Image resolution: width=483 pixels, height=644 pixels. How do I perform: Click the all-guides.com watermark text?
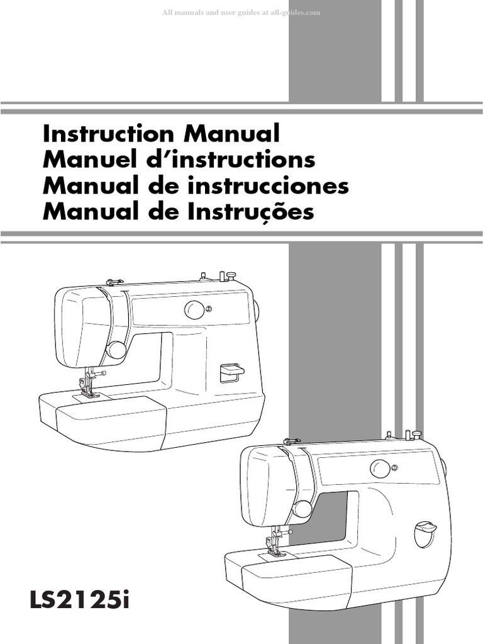241,13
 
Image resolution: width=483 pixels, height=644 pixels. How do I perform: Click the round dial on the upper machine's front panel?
194,309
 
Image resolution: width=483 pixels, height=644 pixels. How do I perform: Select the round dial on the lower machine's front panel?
380,468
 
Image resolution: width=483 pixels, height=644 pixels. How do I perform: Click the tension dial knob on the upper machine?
116,350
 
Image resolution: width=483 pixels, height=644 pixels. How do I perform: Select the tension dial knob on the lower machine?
303,508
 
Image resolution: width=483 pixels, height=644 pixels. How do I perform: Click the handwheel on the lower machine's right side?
443,467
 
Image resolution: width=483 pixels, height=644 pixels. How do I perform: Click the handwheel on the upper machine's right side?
257,308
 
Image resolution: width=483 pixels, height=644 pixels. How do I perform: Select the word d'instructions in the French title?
246,160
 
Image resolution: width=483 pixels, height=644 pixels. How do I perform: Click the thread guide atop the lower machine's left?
291,441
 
